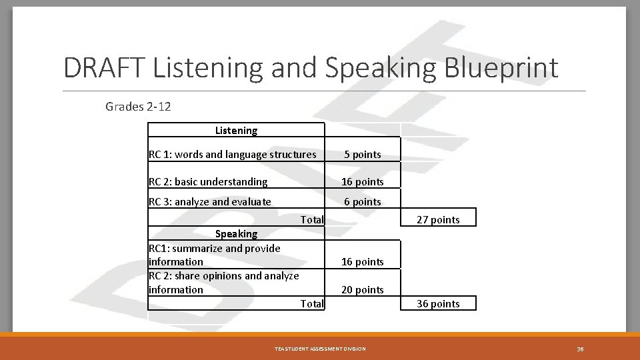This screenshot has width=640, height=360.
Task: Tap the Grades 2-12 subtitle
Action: click(138, 107)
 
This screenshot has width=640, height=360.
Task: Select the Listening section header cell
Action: click(236, 131)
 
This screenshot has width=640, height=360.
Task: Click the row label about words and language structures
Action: click(232, 155)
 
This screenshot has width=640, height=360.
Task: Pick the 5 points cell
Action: click(363, 155)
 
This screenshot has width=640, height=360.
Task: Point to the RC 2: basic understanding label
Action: click(207, 182)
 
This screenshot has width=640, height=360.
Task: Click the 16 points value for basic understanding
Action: click(363, 182)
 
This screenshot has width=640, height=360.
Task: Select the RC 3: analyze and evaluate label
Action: click(209, 202)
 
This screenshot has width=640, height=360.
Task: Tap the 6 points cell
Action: click(363, 202)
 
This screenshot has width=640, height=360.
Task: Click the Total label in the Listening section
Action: click(311, 219)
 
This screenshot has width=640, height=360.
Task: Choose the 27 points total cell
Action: click(438, 220)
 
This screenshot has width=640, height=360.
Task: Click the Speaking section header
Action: click(236, 234)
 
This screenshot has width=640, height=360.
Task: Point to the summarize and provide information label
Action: click(214, 255)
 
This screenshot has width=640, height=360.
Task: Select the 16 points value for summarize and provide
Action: click(363, 262)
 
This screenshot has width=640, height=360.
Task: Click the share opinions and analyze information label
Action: click(223, 283)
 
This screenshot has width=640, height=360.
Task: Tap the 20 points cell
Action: click(363, 290)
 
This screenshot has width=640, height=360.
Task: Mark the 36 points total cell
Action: click(438, 304)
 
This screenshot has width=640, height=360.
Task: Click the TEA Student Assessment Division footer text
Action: click(320, 349)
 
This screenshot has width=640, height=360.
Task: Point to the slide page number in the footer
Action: click(580, 349)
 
